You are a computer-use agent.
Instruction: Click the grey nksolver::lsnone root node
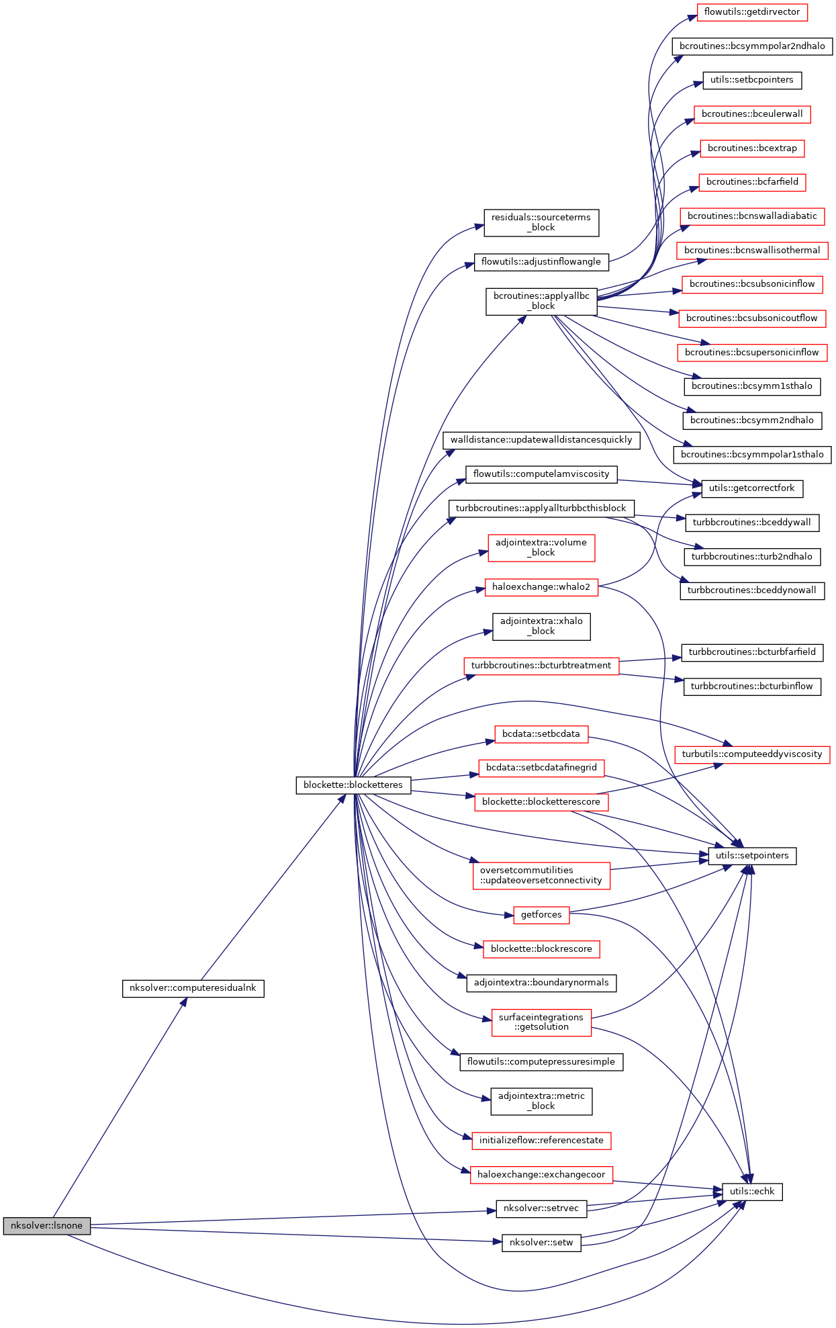[46, 1225]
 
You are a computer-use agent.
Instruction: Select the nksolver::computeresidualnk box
[193, 988]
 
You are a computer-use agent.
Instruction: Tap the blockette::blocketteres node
[353, 785]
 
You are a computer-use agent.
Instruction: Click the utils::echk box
[751, 1191]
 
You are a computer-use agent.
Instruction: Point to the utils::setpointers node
[751, 855]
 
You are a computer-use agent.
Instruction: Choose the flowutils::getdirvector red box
[751, 11]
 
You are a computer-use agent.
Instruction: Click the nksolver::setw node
[541, 1242]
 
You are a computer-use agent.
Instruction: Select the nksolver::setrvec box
[541, 1208]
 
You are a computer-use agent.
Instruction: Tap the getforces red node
[541, 914]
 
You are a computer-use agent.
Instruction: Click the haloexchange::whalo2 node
[541, 586]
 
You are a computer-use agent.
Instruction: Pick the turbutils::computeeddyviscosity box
[751, 754]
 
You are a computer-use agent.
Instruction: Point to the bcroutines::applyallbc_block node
[541, 301]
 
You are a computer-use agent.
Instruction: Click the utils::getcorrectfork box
[751, 488]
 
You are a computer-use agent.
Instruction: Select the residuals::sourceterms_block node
[541, 222]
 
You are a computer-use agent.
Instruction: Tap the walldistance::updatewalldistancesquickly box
[541, 439]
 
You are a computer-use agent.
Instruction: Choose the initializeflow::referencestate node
[541, 1140]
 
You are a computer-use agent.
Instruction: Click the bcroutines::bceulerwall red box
[751, 114]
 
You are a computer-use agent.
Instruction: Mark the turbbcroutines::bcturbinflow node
[751, 686]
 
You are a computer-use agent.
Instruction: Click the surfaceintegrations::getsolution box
[541, 1022]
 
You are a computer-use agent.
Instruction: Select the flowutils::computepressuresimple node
[541, 1061]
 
